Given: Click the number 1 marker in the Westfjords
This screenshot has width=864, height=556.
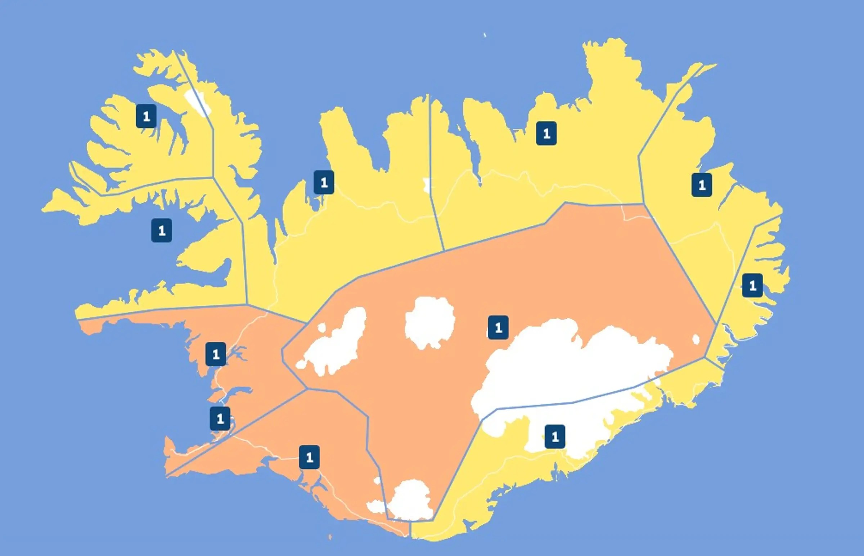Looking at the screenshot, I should click(146, 116).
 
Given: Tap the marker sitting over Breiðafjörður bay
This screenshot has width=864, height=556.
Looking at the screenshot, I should click(161, 230).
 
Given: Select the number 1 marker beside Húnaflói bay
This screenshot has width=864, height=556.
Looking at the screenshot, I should click(324, 182).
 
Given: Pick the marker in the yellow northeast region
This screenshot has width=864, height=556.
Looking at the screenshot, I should click(546, 134).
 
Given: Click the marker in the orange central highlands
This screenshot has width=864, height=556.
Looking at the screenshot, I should click(498, 327).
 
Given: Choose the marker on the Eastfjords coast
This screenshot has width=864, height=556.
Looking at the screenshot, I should click(752, 286).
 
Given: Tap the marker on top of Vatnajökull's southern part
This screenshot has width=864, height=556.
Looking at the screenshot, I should click(555, 437).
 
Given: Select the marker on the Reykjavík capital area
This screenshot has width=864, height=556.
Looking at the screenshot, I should click(220, 419).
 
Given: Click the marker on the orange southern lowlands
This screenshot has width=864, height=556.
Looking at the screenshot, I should click(309, 457).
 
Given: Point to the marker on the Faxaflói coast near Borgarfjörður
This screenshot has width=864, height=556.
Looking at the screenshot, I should click(216, 354).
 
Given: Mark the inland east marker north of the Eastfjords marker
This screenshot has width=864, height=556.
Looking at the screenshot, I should click(702, 185).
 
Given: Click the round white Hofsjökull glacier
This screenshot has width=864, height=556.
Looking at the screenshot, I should click(429, 322).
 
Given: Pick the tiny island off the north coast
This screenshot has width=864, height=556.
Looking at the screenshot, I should click(485, 35).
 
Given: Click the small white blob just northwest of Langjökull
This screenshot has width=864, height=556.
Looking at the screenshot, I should click(321, 327).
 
